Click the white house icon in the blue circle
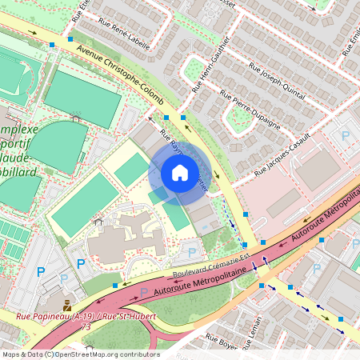(x=180, y=173)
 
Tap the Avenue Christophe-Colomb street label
(x=120, y=74)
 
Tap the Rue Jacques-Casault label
(x=282, y=161)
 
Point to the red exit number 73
(x=85, y=326)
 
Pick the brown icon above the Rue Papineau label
(x=67, y=305)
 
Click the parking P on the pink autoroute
(x=143, y=292)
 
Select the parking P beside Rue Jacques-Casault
(x=346, y=137)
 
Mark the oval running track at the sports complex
(x=56, y=145)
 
